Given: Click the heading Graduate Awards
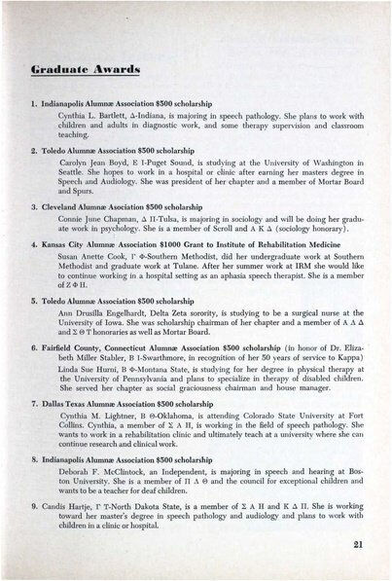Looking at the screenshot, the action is point(81,70).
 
